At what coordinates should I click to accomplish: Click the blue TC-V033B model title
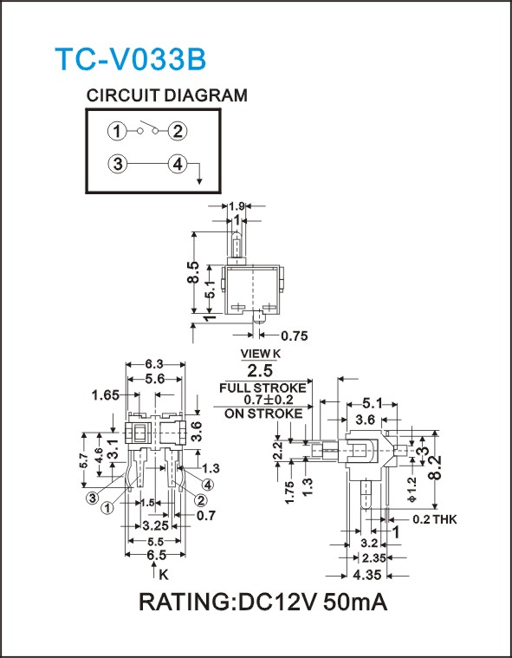point(131,59)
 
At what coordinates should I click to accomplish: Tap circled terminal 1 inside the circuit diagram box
point(117,132)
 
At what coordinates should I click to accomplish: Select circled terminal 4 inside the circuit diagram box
point(178,164)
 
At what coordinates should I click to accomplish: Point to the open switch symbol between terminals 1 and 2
point(147,128)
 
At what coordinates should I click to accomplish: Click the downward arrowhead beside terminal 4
point(199,180)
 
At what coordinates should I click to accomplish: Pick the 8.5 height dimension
point(194,273)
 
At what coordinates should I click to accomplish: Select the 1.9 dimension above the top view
point(237,206)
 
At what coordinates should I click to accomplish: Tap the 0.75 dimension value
point(295,336)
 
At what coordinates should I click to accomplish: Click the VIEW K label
point(260,354)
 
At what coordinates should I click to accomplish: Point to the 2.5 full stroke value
point(260,370)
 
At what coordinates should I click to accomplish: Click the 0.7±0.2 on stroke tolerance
point(269,400)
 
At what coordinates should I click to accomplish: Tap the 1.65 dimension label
point(106,394)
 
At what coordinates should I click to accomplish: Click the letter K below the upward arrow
point(164,575)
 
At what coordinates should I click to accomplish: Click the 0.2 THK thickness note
point(434,519)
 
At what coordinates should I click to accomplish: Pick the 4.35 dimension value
point(367,575)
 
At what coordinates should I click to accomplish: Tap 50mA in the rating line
point(355,603)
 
